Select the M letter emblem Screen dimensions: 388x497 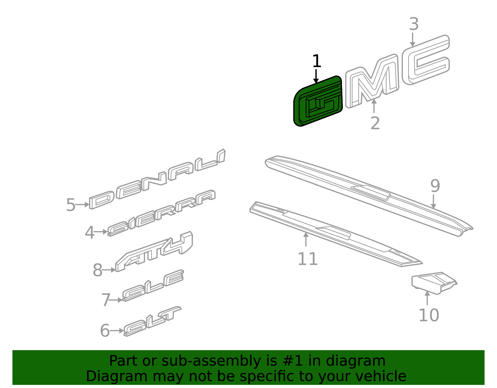[372, 81]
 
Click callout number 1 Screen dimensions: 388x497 [316, 61]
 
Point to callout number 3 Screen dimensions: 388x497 [414, 24]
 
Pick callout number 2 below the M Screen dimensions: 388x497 [375, 123]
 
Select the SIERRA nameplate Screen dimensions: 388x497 [162, 213]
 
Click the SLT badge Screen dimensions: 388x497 [152, 321]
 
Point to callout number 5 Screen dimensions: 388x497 [71, 205]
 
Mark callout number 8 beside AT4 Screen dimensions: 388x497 [97, 270]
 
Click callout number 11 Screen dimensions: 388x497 [308, 259]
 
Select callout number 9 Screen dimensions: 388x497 [435, 186]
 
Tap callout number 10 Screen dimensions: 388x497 [429, 315]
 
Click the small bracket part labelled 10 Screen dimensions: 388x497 [434, 283]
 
